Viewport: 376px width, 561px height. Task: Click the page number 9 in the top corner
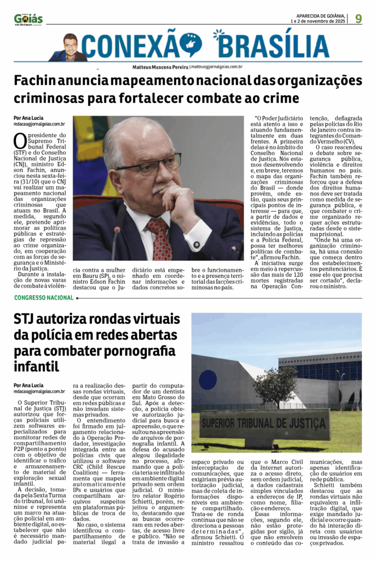tap(358, 18)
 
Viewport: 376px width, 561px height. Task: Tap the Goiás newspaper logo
tap(28, 19)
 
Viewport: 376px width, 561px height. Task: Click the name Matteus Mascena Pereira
tap(160, 66)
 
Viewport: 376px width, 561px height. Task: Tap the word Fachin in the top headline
tap(33, 81)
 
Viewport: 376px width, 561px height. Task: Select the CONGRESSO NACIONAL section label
tap(44, 297)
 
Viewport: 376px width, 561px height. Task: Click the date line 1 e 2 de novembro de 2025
tap(318, 21)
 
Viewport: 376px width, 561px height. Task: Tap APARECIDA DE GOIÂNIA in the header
tap(320, 15)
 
